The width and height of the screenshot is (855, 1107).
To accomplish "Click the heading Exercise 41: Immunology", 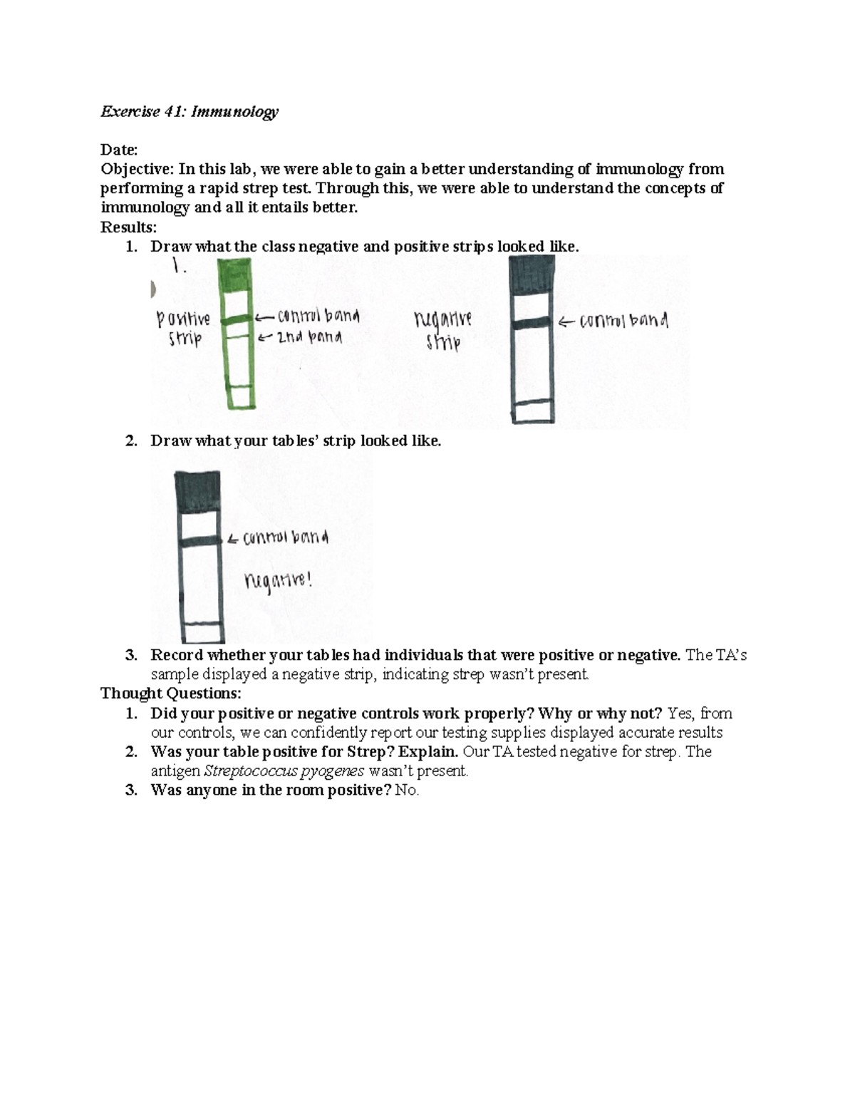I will point(189,112).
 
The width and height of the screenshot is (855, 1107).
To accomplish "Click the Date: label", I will point(118,150).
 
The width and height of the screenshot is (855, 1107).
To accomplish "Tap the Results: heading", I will point(128,227).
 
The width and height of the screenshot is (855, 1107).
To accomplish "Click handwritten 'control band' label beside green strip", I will point(318,316).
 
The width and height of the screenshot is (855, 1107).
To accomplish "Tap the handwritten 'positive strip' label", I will point(183,328).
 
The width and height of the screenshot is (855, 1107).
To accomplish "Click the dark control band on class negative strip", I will point(532,324).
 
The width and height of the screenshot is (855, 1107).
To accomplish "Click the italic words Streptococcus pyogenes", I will point(284,771).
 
